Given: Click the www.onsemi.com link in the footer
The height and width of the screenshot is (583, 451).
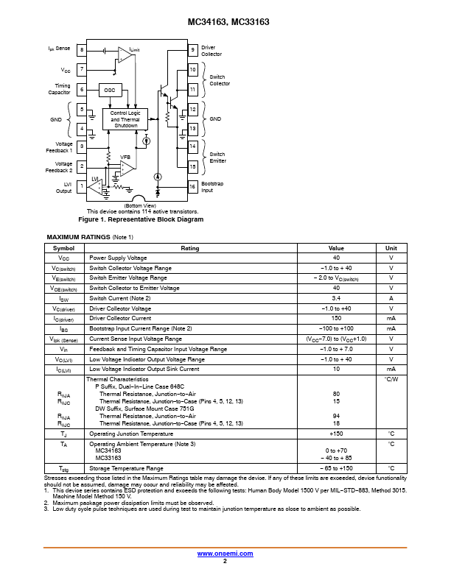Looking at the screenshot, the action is [x=225, y=554].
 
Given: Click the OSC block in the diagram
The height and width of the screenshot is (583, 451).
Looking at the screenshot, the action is [x=110, y=90].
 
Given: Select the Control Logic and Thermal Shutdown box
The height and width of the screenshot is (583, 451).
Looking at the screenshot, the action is [x=125, y=119].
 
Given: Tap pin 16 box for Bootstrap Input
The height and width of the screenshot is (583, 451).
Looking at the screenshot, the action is [x=192, y=186].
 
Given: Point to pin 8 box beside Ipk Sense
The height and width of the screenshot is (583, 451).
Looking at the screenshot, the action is [x=82, y=50].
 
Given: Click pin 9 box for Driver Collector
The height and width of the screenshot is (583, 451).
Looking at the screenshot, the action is [x=192, y=50].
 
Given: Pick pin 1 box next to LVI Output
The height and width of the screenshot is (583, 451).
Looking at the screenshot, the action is [x=82, y=186].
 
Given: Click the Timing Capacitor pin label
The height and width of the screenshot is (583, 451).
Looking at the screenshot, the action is [x=59, y=89].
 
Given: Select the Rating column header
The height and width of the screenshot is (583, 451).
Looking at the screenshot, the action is [x=190, y=248].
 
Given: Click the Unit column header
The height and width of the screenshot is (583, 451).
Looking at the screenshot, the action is [x=391, y=248].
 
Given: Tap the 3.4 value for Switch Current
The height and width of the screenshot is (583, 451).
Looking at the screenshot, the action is [x=336, y=298].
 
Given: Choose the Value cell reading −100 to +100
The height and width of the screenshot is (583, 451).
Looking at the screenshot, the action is [x=336, y=329].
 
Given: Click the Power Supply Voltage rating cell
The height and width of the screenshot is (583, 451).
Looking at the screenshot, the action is [x=118, y=258].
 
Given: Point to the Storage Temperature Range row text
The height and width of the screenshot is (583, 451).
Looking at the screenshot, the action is [x=126, y=468].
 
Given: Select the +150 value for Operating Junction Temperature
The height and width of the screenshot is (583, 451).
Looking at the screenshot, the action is [x=336, y=434].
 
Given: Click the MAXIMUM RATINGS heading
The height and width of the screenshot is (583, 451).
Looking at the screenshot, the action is [x=79, y=237].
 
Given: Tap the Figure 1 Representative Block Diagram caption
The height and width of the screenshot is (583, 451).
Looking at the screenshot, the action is [x=141, y=219].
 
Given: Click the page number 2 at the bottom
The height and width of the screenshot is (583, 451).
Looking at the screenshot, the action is [x=225, y=561].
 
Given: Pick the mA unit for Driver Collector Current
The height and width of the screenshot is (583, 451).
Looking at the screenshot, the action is [x=391, y=318].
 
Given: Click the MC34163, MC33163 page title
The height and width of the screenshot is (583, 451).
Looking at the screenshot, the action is [x=228, y=22].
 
